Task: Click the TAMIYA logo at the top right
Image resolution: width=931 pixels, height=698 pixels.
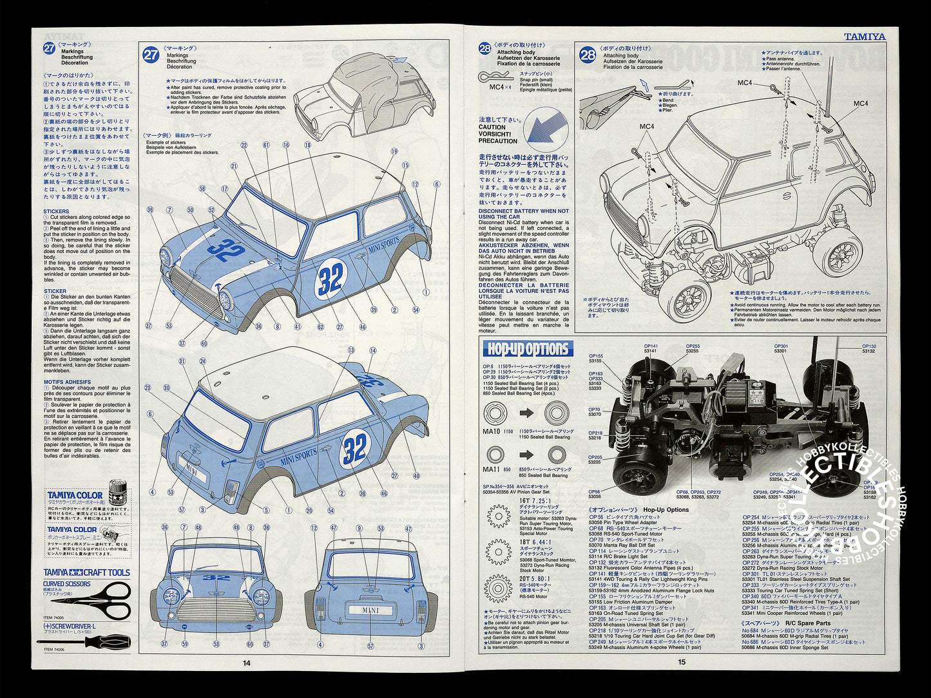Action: pyautogui.click(x=865, y=37)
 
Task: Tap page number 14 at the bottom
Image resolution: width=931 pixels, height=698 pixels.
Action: pyautogui.click(x=246, y=663)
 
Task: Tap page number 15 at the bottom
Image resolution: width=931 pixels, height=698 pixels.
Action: pyautogui.click(x=682, y=661)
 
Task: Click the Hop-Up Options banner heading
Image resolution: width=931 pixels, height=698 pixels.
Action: pyautogui.click(x=528, y=349)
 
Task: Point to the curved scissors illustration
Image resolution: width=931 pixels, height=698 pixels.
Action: pyautogui.click(x=103, y=600)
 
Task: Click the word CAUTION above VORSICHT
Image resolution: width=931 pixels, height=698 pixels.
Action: pyautogui.click(x=492, y=127)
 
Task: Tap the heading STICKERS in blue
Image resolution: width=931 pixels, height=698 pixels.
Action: pyautogui.click(x=56, y=211)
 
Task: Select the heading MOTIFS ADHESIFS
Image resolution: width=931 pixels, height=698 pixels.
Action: pyautogui.click(x=67, y=382)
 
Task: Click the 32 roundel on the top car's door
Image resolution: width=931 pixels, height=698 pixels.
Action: pyautogui.click(x=331, y=279)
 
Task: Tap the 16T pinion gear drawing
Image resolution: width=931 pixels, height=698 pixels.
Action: pyautogui.click(x=498, y=516)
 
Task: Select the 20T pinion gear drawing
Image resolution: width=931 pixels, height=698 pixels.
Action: pyautogui.click(x=498, y=588)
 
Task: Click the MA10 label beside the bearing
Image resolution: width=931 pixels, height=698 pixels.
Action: pyautogui.click(x=491, y=431)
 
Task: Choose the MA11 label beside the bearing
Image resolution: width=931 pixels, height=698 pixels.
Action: pyautogui.click(x=491, y=469)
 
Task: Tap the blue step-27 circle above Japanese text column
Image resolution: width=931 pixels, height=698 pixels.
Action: pyautogui.click(x=50, y=48)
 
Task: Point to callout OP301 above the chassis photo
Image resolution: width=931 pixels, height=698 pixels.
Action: pyautogui.click(x=781, y=346)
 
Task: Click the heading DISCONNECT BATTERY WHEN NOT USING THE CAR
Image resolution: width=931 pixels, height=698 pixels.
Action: pyautogui.click(x=524, y=214)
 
